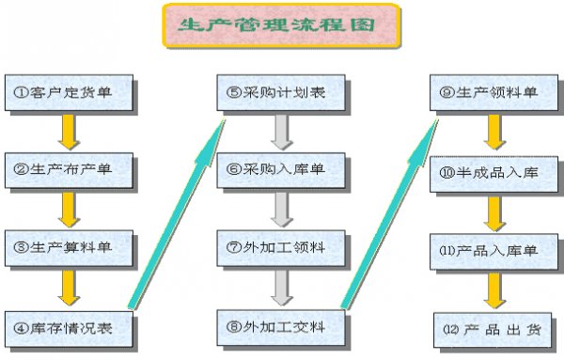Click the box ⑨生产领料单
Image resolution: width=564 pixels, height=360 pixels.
pyautogui.click(x=490, y=92)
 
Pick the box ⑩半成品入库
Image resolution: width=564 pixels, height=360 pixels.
pyautogui.click(x=490, y=172)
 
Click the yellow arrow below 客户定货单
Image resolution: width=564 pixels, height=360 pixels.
pyautogui.click(x=67, y=131)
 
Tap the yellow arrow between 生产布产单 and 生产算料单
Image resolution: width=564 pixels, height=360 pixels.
pyautogui.click(x=67, y=208)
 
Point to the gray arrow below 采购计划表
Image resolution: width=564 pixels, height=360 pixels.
pyautogui.click(x=278, y=132)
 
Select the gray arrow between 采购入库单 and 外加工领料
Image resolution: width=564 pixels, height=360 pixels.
pyautogui.click(x=278, y=209)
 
